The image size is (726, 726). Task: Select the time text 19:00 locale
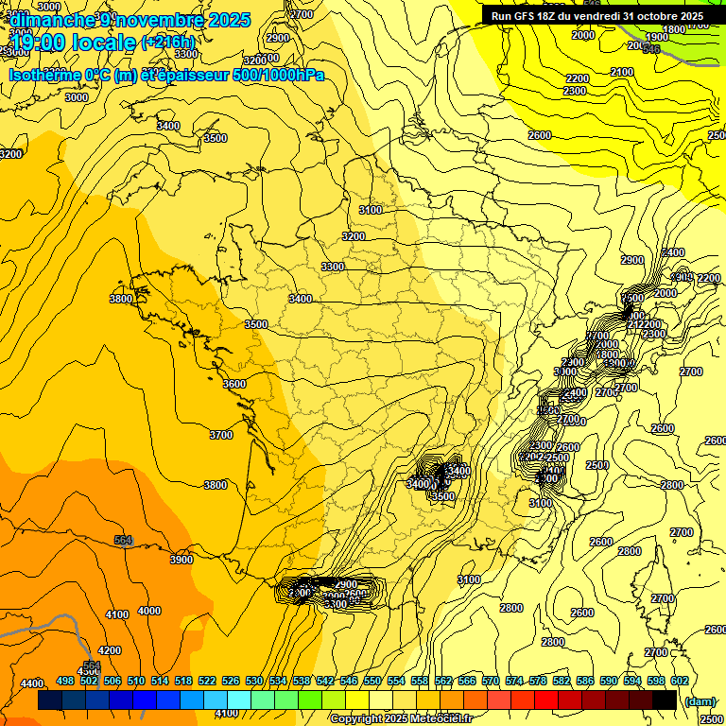[x=73, y=43]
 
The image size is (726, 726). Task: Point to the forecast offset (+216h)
[x=168, y=43]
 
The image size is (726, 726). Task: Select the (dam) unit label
[x=700, y=701]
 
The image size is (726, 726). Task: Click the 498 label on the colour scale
[x=65, y=681]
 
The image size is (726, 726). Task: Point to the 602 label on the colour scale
[x=680, y=681]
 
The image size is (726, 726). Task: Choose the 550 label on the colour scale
[x=372, y=681]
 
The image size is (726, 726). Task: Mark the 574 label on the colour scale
[x=514, y=681]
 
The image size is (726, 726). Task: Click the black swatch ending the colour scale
[x=665, y=700]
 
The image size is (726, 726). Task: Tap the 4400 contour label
[x=32, y=683]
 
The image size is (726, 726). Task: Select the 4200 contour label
[x=110, y=650]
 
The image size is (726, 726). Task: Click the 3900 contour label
[x=181, y=560]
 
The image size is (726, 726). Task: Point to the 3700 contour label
[x=220, y=435]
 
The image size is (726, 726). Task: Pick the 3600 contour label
[x=234, y=384]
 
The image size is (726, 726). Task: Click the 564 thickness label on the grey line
[x=123, y=540]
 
